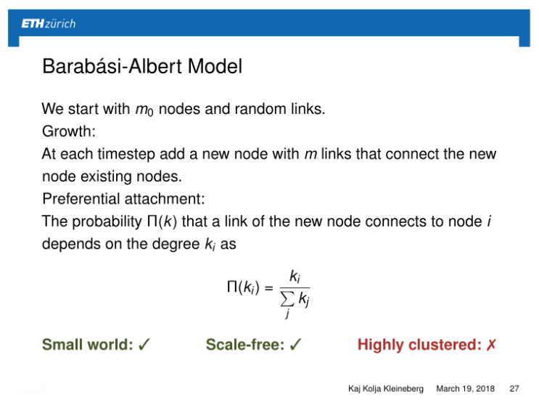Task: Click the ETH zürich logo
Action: click(x=48, y=23)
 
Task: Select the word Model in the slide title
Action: click(x=215, y=67)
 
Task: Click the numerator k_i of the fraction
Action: click(x=295, y=276)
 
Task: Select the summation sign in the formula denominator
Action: click(x=288, y=298)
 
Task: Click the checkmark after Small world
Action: click(x=144, y=345)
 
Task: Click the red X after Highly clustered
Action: click(x=491, y=345)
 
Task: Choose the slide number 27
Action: click(x=516, y=389)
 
